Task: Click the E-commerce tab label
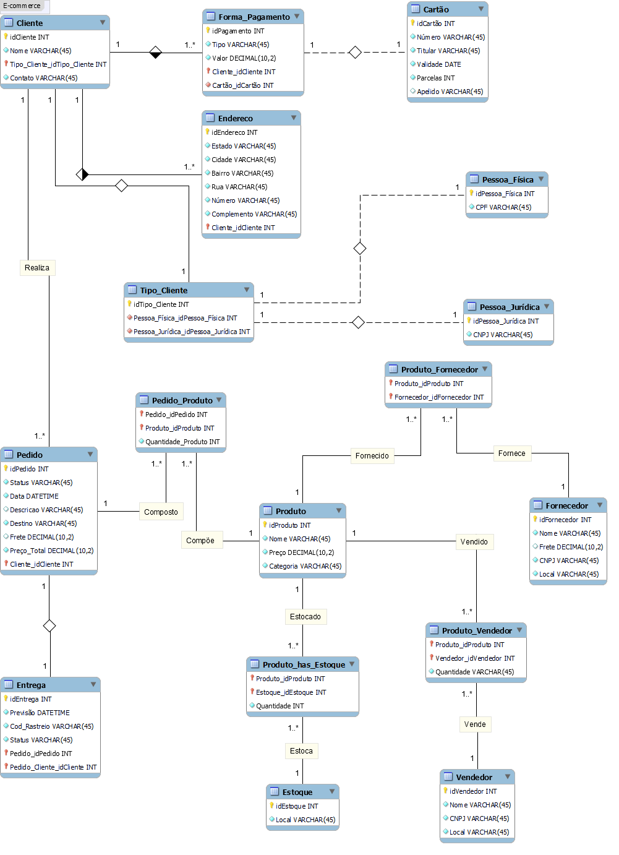[x=22, y=6]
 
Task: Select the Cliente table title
[x=30, y=23]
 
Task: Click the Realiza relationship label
[x=37, y=268]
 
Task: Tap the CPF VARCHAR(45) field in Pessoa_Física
[x=503, y=207]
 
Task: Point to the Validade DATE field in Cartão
[x=438, y=64]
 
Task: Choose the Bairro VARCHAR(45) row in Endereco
[x=242, y=173]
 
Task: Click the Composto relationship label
[x=161, y=512]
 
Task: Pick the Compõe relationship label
[x=200, y=541]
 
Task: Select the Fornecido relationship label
[x=372, y=456]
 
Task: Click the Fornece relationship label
[x=512, y=453]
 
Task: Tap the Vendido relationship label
[x=474, y=542]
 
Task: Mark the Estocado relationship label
[x=305, y=617]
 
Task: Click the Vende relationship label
[x=475, y=724]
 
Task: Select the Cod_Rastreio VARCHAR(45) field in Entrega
[x=51, y=726]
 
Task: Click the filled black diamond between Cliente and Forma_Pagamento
[x=156, y=52]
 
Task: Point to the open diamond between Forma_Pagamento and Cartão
[x=355, y=52]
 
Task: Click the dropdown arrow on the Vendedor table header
[x=508, y=776]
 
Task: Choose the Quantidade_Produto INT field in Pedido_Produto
[x=182, y=442]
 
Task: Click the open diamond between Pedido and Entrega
[x=49, y=625]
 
